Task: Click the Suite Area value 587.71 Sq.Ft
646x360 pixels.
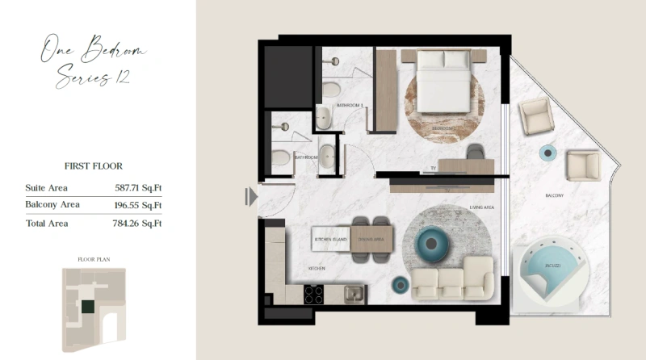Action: coord(139,187)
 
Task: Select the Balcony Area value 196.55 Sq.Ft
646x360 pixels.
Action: coord(139,205)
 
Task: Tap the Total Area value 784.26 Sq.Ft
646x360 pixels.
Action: coord(139,223)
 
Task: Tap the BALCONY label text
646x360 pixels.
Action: coord(553,195)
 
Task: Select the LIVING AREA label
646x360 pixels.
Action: coord(481,207)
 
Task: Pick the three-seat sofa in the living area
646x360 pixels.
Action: coord(452,283)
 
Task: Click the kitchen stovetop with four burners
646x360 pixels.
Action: coord(314,295)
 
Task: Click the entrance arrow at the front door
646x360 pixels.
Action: coord(252,196)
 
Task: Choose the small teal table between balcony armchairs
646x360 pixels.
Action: coord(548,153)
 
